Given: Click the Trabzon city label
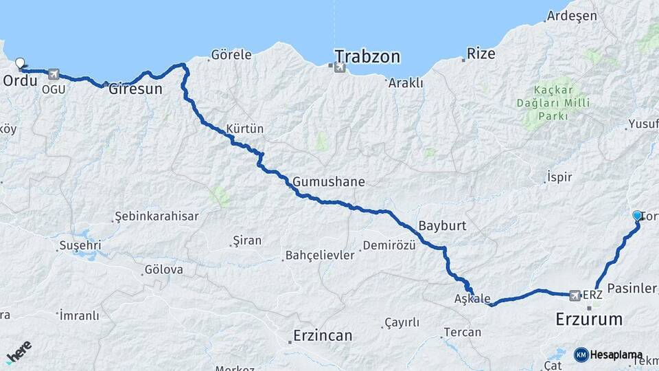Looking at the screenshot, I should [367, 56].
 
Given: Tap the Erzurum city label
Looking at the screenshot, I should [589, 319].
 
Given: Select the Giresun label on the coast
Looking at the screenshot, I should [136, 89].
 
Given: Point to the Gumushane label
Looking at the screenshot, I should [328, 182].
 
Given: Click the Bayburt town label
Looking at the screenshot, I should [442, 225].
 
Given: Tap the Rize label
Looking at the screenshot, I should [481, 54].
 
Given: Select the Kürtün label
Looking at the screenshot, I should [244, 128].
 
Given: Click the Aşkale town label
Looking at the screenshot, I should [472, 299].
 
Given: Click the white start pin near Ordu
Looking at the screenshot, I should [19, 63].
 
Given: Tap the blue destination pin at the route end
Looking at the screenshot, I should [637, 216].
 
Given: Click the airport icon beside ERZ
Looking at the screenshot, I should [575, 295].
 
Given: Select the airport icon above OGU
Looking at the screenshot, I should [54, 74].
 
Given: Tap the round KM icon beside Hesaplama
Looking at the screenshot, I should [581, 355].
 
